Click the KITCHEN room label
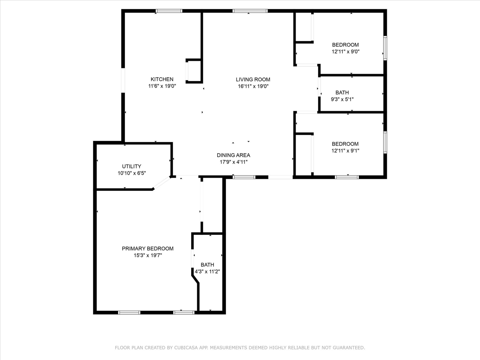162,79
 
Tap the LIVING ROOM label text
253,79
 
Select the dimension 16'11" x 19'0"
253,86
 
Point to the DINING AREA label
233,155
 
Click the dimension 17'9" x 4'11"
233,162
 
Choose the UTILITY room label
132,166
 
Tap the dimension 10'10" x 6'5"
132,173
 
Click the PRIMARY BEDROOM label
148,248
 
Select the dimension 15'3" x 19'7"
148,255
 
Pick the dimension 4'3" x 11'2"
207,272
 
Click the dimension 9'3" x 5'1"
342,99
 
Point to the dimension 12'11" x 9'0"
346,52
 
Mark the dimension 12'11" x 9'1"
345,151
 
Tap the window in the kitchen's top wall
169,11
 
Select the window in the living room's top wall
250,11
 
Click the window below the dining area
244,177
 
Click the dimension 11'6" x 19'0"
162,86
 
